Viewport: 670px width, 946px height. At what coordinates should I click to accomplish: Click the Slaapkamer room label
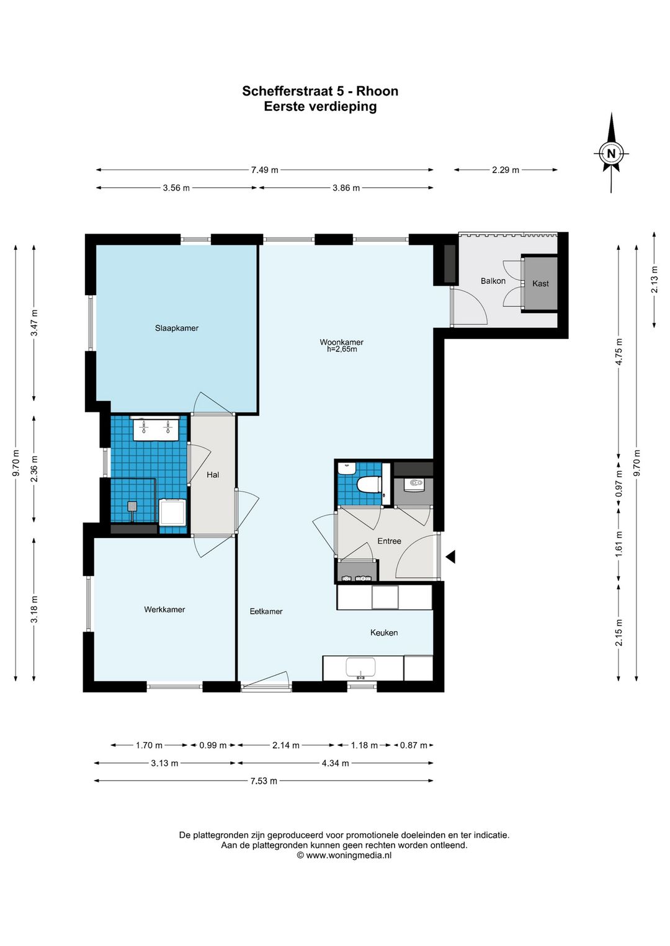[176, 328]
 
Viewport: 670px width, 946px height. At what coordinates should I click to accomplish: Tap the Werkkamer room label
[164, 609]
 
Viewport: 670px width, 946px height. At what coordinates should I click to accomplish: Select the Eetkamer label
[266, 611]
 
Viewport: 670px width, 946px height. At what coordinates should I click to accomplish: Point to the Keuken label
[384, 632]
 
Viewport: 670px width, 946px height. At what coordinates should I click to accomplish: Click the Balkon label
[493, 281]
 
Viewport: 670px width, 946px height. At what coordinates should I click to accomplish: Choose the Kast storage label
[540, 283]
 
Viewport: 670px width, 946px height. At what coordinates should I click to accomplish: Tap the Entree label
[390, 541]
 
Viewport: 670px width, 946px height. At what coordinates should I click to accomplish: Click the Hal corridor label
[213, 475]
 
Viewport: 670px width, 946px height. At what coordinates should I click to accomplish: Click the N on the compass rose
[611, 153]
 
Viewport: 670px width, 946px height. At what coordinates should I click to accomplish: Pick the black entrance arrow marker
[450, 557]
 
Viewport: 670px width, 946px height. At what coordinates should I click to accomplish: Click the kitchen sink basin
[360, 667]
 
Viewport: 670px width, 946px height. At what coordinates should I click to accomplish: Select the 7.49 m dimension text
[265, 170]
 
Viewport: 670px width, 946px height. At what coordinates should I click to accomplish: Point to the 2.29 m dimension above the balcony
[506, 170]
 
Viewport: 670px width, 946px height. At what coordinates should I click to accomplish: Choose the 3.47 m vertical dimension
[34, 322]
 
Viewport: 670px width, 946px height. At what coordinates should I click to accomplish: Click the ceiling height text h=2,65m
[342, 349]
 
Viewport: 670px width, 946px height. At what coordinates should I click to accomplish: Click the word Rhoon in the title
[377, 91]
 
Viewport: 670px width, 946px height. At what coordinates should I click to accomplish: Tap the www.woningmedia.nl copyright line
[344, 843]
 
